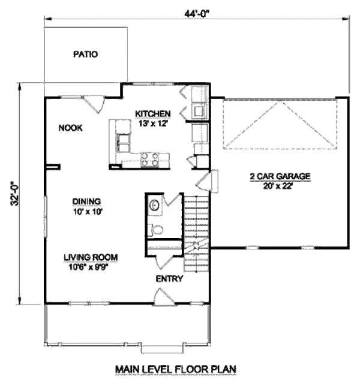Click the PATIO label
[85, 54]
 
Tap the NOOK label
[70, 128]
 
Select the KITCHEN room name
[153, 113]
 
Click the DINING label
[86, 201]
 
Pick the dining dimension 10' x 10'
[86, 210]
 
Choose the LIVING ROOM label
[91, 257]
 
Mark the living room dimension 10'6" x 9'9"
[91, 267]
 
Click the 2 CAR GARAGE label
[280, 176]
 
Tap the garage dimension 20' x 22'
[280, 185]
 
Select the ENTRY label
[169, 279]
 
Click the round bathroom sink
[154, 205]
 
